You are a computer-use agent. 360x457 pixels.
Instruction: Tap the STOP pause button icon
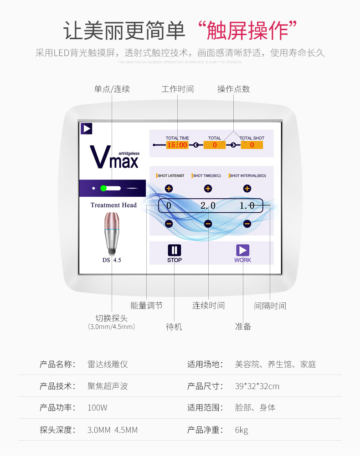(174, 250)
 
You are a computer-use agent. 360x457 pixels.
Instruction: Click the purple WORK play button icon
(242, 250)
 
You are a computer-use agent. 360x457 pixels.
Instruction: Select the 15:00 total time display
(177, 145)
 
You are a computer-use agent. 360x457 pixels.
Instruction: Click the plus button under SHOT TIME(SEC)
(208, 188)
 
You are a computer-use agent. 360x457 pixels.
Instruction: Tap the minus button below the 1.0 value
(247, 224)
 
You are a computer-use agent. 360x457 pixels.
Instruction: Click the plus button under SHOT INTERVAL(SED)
(247, 188)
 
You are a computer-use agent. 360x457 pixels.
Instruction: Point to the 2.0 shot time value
(208, 205)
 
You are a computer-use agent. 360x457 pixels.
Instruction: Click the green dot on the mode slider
(103, 188)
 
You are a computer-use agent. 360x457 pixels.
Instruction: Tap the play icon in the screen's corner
(87, 128)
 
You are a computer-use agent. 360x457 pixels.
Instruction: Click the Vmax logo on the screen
(114, 157)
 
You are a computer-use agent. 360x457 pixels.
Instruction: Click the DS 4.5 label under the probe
(112, 260)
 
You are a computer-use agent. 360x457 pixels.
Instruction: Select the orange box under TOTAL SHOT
(252, 145)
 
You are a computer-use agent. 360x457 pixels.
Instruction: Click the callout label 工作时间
(177, 89)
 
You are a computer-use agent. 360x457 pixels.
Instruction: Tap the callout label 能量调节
(146, 305)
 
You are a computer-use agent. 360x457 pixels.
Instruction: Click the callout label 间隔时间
(270, 306)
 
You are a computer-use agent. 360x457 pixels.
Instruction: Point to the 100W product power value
(98, 408)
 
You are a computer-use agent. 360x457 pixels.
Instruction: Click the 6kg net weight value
(242, 430)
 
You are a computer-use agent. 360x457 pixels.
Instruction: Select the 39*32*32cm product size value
(257, 386)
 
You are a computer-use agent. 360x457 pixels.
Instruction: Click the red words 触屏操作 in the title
(248, 31)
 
